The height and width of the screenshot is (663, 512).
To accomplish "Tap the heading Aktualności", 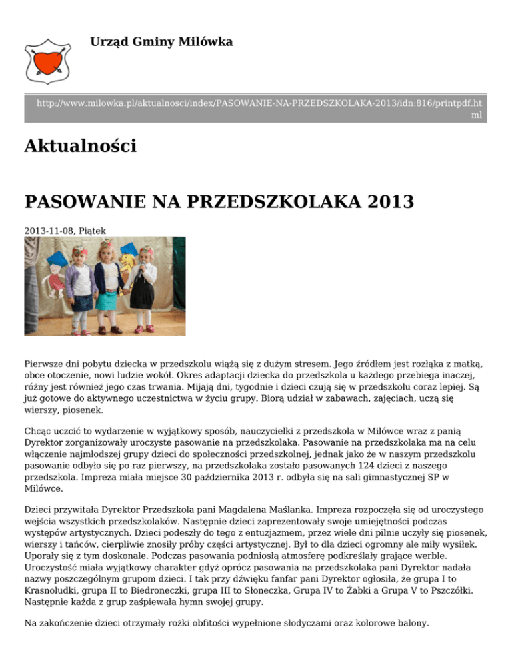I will pyautogui.click(x=80, y=145).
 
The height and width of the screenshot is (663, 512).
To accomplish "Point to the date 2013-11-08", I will pyautogui.click(x=49, y=231).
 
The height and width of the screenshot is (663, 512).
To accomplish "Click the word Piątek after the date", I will pyautogui.click(x=91, y=231).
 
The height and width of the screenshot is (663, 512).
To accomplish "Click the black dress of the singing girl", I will pyautogui.click(x=143, y=293).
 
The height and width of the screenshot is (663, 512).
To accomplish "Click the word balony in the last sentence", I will pyautogui.click(x=412, y=624).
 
